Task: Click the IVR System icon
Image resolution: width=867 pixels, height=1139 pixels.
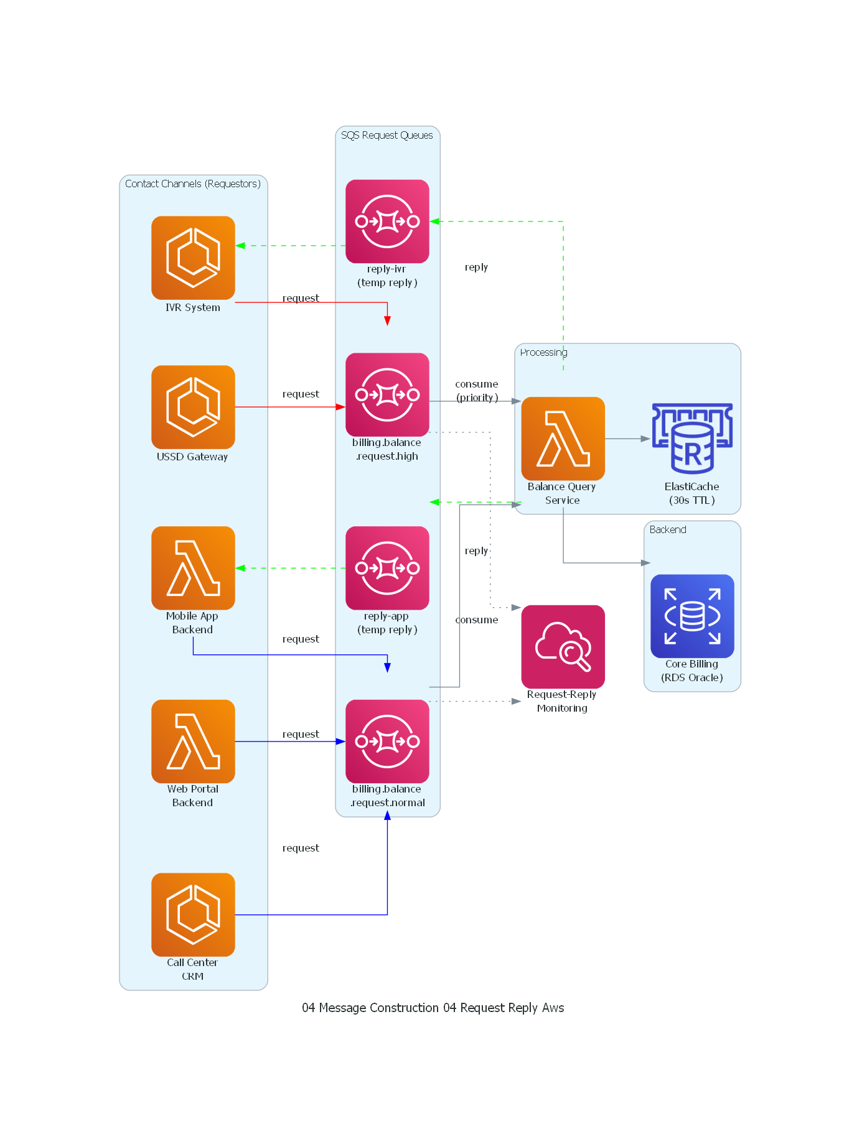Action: pyautogui.click(x=193, y=258)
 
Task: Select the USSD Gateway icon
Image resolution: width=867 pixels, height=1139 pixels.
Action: pyautogui.click(x=193, y=407)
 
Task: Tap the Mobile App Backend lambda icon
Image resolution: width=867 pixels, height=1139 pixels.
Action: pyautogui.click(x=193, y=568)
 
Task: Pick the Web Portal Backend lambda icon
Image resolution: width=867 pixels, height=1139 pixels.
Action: pyautogui.click(x=193, y=741)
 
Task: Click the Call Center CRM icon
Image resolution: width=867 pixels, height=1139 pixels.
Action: pyautogui.click(x=193, y=914)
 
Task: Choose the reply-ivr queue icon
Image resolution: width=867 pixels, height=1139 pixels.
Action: pyautogui.click(x=387, y=221)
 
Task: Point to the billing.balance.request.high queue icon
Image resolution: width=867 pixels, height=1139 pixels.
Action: pyautogui.click(x=387, y=394)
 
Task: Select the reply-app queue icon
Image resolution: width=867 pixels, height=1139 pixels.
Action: pyautogui.click(x=387, y=568)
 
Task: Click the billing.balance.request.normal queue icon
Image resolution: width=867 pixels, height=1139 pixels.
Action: pyautogui.click(x=387, y=741)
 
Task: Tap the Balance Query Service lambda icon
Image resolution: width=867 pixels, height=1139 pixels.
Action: pyautogui.click(x=563, y=439)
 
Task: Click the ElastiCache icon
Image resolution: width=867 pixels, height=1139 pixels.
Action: pyautogui.click(x=692, y=439)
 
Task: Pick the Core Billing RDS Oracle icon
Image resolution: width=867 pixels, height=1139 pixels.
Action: pyautogui.click(x=692, y=616)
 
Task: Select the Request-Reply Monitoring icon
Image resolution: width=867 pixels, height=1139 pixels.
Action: pyautogui.click(x=563, y=647)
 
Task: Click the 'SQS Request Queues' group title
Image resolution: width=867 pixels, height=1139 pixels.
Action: pyautogui.click(x=387, y=136)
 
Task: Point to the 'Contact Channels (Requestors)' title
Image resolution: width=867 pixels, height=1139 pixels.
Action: pyautogui.click(x=192, y=184)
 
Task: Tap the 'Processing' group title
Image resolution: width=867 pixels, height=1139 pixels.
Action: pyautogui.click(x=543, y=353)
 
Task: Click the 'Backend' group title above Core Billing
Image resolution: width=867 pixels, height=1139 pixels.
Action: pyautogui.click(x=668, y=530)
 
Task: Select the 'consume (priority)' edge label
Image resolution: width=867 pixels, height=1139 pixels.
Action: pyautogui.click(x=477, y=391)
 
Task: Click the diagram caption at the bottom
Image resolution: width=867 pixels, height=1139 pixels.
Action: pyautogui.click(x=433, y=1008)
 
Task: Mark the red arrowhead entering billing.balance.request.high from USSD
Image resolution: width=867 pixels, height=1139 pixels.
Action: pyautogui.click(x=340, y=407)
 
